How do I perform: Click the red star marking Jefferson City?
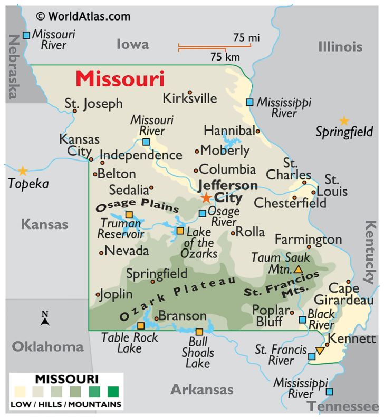(206, 198)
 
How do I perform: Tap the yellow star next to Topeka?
(23, 171)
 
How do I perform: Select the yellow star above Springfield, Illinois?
(344, 121)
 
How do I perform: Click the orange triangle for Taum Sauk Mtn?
(298, 270)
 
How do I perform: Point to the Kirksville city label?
(190, 98)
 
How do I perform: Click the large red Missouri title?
(120, 79)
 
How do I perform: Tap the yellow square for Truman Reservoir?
(129, 214)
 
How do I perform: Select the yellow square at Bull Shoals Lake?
(199, 332)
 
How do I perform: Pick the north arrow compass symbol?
(45, 318)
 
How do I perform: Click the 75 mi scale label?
(246, 37)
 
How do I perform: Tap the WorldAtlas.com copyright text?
(83, 16)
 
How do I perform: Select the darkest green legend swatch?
(113, 392)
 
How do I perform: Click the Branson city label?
(183, 316)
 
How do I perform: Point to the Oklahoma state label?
(47, 347)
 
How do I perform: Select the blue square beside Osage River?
(202, 213)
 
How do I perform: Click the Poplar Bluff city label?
(271, 315)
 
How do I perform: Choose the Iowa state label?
(132, 44)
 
